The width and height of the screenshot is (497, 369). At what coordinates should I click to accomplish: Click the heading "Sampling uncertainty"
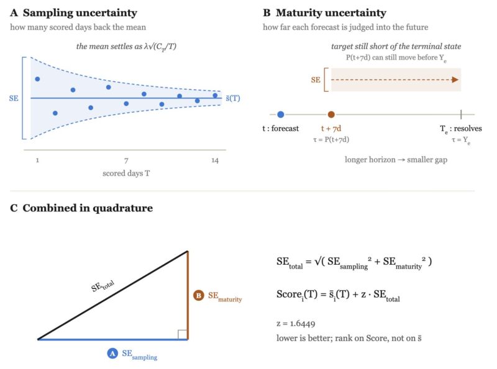click(x=80, y=12)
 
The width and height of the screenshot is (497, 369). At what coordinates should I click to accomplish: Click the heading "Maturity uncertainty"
click(x=331, y=12)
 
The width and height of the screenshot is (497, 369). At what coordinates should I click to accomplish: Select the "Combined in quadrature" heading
click(x=88, y=208)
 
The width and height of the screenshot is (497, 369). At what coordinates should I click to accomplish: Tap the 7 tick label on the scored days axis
click(x=126, y=161)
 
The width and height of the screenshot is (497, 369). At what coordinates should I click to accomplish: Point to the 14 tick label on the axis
click(x=215, y=161)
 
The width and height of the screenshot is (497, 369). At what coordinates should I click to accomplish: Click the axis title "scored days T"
click(x=126, y=174)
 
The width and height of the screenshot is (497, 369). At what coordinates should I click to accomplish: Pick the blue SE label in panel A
click(x=14, y=99)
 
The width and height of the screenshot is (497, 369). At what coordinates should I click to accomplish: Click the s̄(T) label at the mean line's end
click(x=233, y=99)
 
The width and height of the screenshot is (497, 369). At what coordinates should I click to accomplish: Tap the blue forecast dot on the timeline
click(x=281, y=115)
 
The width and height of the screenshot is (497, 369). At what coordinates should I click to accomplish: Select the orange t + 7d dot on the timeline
click(x=331, y=115)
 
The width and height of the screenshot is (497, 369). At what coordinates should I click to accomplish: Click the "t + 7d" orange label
click(x=331, y=128)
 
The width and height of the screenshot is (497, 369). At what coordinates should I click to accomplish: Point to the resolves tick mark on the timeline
click(x=461, y=114)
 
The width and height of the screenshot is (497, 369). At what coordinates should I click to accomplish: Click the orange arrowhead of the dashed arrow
click(x=455, y=80)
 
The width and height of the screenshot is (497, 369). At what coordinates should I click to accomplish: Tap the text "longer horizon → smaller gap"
click(x=396, y=159)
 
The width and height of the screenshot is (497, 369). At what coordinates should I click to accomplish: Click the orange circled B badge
click(x=199, y=296)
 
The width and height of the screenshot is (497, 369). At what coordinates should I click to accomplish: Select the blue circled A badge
click(x=112, y=353)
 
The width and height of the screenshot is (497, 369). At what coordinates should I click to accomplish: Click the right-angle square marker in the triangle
click(x=183, y=335)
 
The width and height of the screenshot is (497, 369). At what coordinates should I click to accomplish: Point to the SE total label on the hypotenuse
click(x=103, y=286)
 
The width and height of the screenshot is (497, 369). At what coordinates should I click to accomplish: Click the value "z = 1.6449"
click(x=296, y=324)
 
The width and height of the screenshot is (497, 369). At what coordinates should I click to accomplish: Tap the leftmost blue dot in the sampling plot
click(x=37, y=79)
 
